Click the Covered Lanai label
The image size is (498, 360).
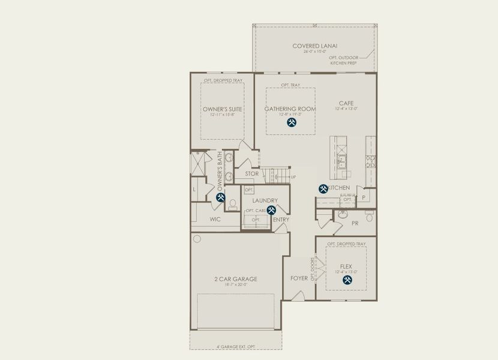click(315, 46)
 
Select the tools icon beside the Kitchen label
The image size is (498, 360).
click(323, 188)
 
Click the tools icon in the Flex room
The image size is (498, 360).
click(346, 280)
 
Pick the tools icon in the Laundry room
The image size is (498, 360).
click(271, 210)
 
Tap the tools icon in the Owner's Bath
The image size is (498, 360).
click(220, 197)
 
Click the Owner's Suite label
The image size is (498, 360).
click(222, 109)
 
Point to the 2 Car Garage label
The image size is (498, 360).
click(236, 279)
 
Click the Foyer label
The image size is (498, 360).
click(299, 278)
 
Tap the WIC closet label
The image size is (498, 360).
click(215, 220)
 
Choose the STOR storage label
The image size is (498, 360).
click(252, 174)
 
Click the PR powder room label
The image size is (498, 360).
click(355, 223)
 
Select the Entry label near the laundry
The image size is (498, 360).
click(281, 220)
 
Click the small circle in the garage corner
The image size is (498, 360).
click(196, 239)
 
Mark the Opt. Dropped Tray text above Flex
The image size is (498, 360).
click(346, 244)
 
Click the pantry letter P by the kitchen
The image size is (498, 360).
click(363, 197)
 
